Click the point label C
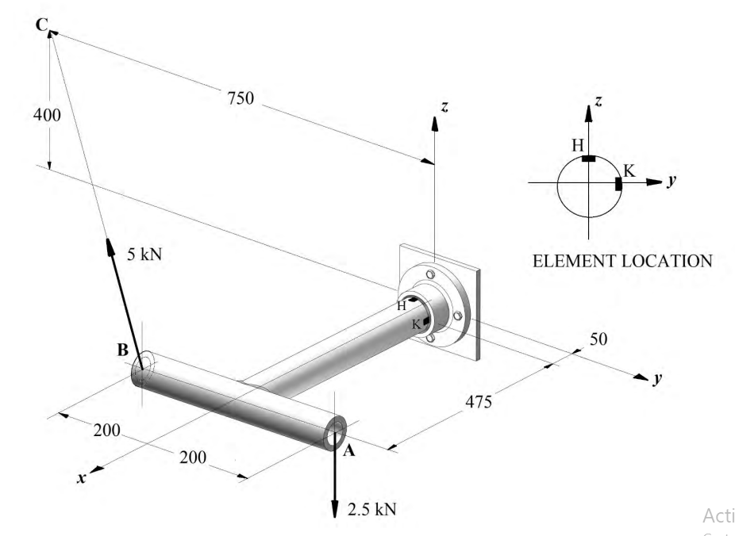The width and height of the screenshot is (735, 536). click(41, 25)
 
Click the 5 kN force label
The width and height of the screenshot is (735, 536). click(142, 255)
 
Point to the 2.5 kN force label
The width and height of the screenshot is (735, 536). click(371, 507)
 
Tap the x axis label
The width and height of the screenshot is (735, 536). click(81, 479)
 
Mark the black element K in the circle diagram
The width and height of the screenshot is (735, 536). click(618, 184)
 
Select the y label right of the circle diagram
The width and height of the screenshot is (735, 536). click(672, 181)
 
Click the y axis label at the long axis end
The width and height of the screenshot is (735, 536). click(656, 379)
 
